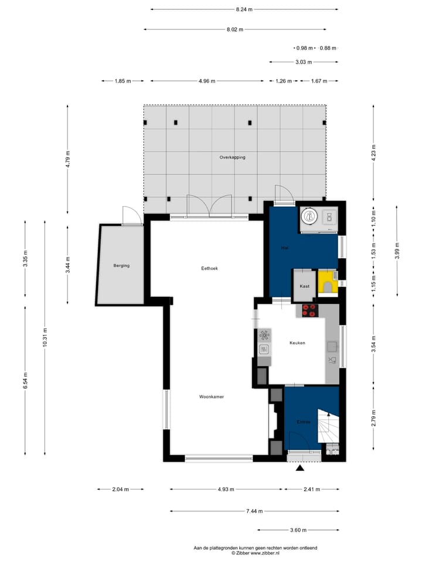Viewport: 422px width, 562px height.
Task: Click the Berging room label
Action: (121, 266)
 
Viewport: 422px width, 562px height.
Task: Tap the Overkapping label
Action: (233, 157)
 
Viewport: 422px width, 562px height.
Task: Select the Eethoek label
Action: (210, 268)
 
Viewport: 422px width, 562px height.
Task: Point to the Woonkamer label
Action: (212, 397)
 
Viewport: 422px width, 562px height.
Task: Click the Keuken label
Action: (298, 343)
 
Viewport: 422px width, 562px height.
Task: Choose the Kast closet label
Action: (305, 286)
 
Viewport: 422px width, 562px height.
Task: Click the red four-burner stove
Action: (310, 310)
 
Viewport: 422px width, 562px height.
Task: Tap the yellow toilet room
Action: (328, 282)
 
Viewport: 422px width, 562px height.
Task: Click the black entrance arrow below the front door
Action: (300, 468)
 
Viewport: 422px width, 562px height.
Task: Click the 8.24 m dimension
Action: (244, 10)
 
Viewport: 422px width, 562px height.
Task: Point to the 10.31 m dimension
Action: (45, 337)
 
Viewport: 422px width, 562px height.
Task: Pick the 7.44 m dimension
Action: (254, 511)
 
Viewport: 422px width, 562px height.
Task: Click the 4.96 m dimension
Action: (207, 81)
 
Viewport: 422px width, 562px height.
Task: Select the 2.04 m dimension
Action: (121, 489)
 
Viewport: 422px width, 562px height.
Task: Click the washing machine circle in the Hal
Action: (309, 216)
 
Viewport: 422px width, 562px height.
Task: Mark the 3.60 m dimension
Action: (298, 530)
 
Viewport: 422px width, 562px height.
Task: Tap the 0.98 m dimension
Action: (304, 48)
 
